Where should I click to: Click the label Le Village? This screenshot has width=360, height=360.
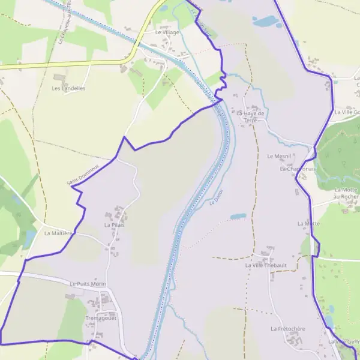[x=167, y=32]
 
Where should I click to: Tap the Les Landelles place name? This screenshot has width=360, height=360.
[x=68, y=88]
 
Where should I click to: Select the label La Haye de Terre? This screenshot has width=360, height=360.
[x=250, y=116]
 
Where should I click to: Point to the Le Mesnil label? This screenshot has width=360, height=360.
[x=278, y=156]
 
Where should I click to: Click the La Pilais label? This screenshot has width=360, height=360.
[x=114, y=225]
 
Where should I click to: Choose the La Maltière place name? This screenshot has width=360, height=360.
[x=58, y=233]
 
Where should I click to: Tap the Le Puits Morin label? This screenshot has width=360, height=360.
[x=88, y=284]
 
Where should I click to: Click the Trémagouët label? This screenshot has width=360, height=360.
[x=100, y=318]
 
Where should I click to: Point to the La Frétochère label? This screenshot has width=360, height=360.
[x=288, y=329]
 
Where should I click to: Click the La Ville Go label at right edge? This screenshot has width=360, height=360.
[x=346, y=112]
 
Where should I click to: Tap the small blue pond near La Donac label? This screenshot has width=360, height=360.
[x=238, y=216]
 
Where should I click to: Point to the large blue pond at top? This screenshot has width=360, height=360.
[x=265, y=22]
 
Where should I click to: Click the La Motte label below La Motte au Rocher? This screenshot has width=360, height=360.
[x=308, y=223]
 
